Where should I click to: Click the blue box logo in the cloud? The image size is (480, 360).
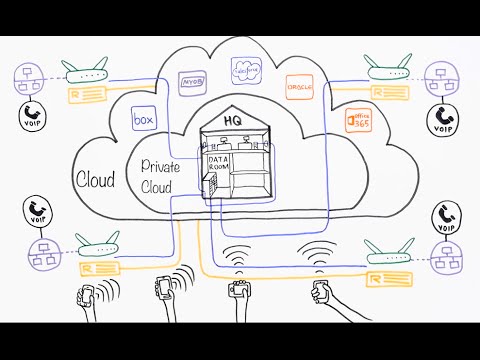[146, 120]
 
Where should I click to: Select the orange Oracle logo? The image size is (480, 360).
[299, 86]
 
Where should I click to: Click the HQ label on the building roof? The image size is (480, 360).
[232, 120]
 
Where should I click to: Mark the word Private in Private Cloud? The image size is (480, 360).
[160, 166]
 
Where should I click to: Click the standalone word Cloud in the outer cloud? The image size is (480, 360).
[95, 179]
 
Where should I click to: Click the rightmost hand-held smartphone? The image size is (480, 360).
[320, 292]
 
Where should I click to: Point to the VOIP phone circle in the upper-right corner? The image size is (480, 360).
[444, 119]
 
